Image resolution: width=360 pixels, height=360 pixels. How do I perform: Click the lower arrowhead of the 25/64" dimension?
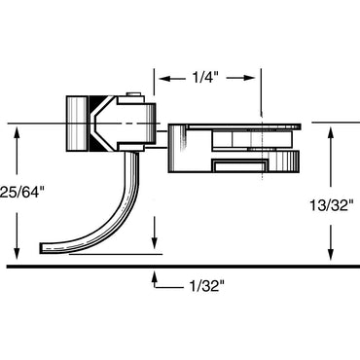[x=17, y=249]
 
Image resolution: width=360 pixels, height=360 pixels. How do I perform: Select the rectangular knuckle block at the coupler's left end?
[x=77, y=124]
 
